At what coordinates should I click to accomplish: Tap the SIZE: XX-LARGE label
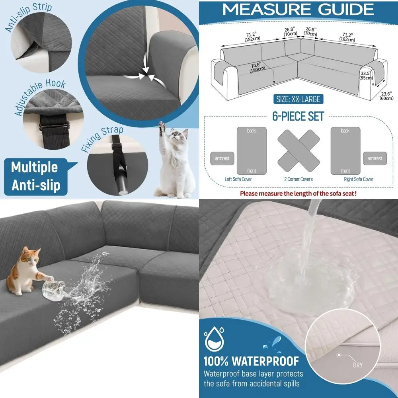click(298, 99)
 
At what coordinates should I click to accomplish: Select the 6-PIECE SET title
click(298, 116)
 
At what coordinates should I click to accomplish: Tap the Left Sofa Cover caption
click(238, 179)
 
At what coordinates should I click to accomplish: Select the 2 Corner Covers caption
click(298, 179)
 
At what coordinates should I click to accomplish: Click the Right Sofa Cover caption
click(358, 179)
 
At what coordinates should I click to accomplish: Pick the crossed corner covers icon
click(298, 150)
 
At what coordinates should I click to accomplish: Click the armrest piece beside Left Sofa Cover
click(222, 158)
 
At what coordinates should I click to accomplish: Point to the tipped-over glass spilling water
click(54, 287)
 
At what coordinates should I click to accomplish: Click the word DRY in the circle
click(357, 365)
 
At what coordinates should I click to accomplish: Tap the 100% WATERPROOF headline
click(251, 361)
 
